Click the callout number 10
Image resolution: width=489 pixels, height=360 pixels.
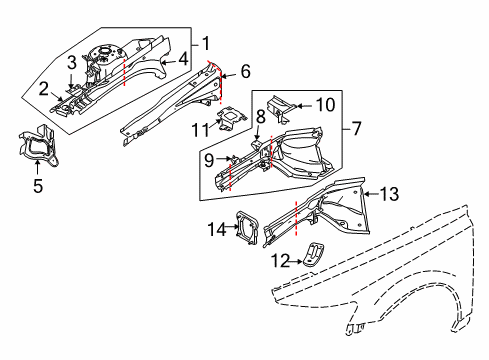pyautogui.click(x=326, y=104)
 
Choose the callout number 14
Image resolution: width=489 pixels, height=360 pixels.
pyautogui.click(x=216, y=229)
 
